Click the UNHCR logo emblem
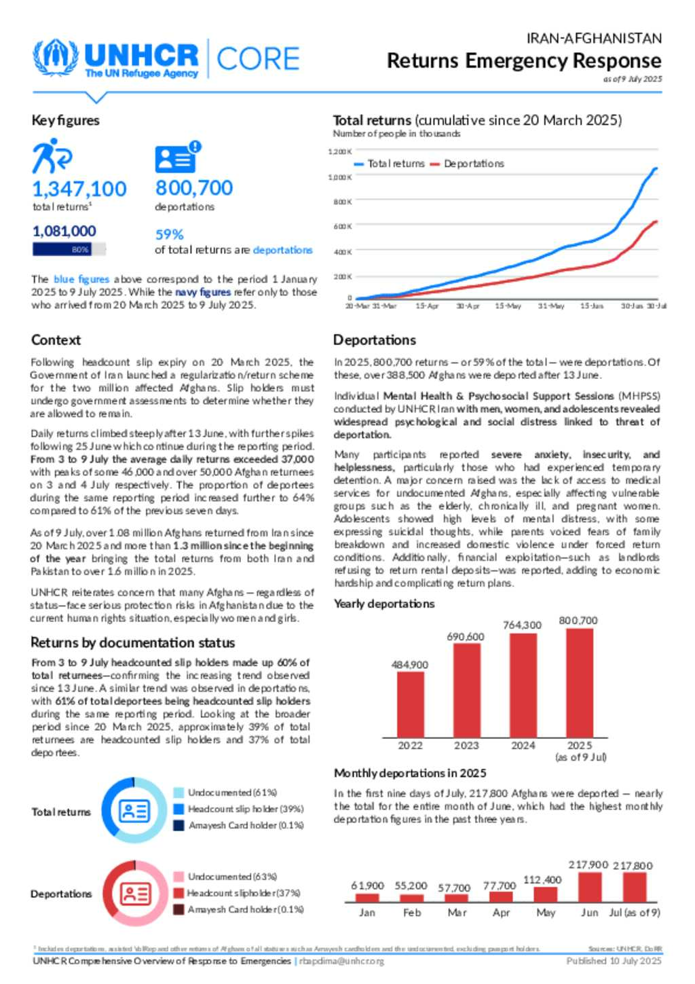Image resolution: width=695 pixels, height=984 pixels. (x=56, y=58)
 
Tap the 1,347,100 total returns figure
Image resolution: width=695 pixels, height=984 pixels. (x=79, y=189)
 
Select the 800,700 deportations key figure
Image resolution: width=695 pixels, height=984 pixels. (x=194, y=187)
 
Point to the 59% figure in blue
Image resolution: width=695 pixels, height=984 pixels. (x=170, y=234)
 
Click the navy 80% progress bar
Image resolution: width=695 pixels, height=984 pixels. (x=62, y=249)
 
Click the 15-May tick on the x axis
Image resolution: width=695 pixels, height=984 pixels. (x=508, y=306)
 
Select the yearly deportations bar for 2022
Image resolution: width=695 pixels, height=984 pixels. (x=411, y=704)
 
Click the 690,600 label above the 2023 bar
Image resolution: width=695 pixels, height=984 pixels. (x=466, y=636)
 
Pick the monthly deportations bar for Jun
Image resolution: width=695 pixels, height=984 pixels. (x=590, y=887)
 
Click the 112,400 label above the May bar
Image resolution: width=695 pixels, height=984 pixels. (x=542, y=880)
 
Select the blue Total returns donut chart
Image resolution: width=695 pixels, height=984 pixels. (x=134, y=811)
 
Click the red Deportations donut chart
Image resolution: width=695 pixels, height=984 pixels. (x=134, y=894)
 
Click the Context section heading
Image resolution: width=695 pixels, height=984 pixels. (x=56, y=340)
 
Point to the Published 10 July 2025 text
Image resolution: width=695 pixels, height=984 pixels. (x=614, y=961)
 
